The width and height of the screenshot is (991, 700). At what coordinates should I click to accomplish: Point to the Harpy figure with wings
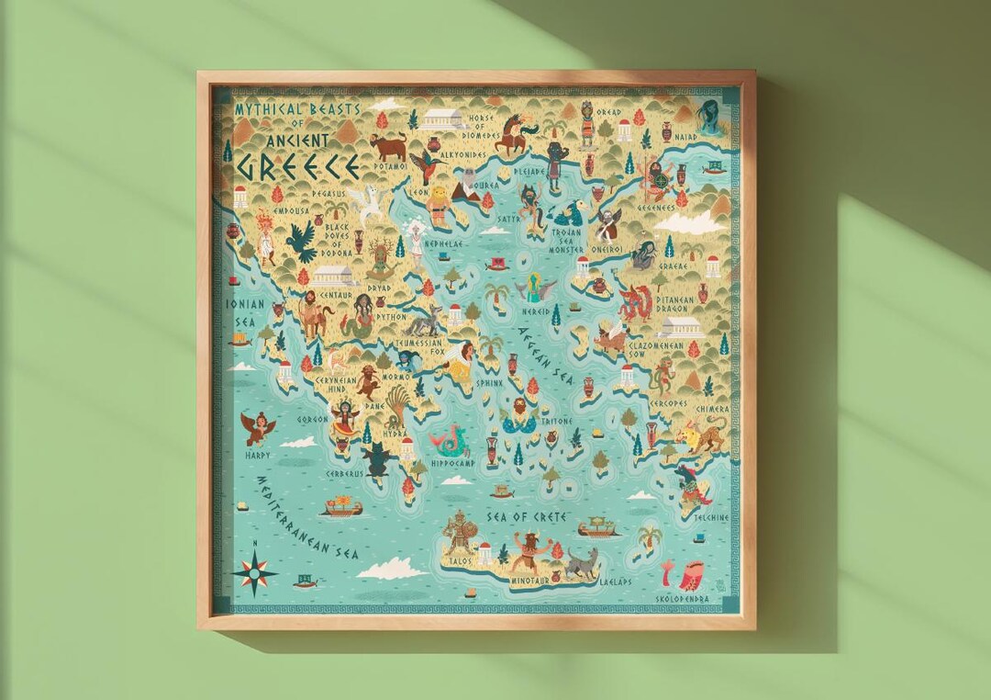point(258,426)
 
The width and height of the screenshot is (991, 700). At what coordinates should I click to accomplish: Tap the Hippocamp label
point(451,465)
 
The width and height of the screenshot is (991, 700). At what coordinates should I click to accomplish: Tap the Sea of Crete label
point(527,517)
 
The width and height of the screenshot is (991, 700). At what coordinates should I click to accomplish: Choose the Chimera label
point(712,409)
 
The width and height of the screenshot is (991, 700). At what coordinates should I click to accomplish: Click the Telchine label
point(710,517)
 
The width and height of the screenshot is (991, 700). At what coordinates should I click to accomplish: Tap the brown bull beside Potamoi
point(389,145)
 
